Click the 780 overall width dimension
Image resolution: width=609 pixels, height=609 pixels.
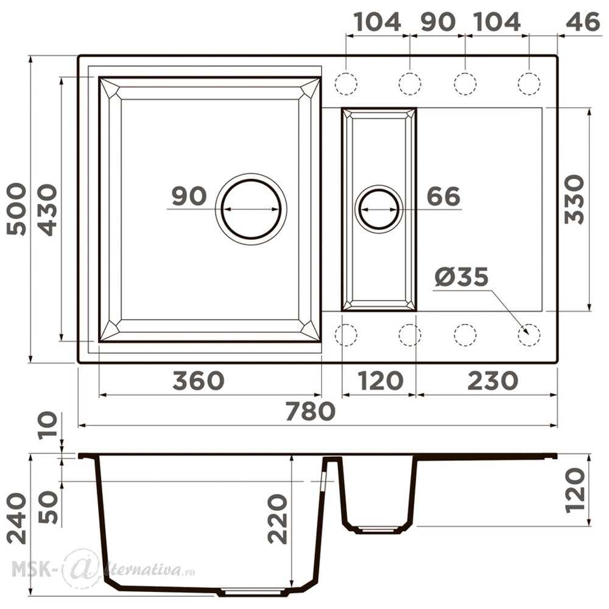pos(310,411)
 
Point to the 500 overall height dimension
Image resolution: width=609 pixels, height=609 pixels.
pos(17,209)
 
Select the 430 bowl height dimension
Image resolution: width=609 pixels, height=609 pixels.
pos(48,209)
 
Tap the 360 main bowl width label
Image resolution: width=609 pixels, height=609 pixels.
pos(199,381)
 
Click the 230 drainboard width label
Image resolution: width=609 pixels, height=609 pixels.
pos(493,381)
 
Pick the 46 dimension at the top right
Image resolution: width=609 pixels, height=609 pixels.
pos(583,22)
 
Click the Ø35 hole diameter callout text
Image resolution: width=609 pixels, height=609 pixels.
pos(462,277)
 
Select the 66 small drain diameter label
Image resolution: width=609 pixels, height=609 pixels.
pos(443,196)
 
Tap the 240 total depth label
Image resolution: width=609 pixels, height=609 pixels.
pos(17,518)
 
